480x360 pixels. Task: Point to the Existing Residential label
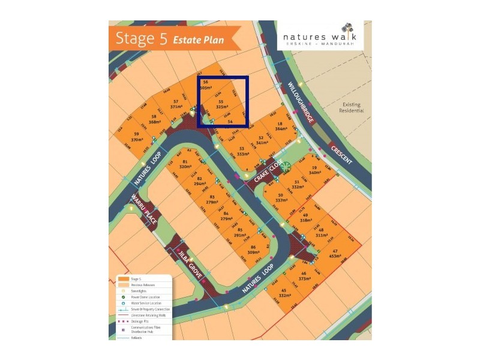352,108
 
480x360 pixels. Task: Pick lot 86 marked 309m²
253,250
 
